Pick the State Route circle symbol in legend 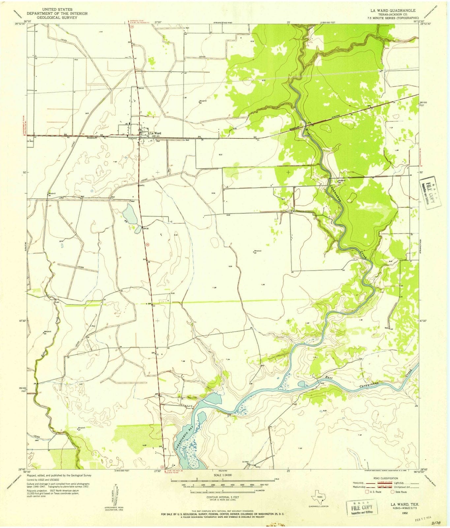coord(392,491)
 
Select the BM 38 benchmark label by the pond coord(145,228)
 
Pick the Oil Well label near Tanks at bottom coord(245,462)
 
